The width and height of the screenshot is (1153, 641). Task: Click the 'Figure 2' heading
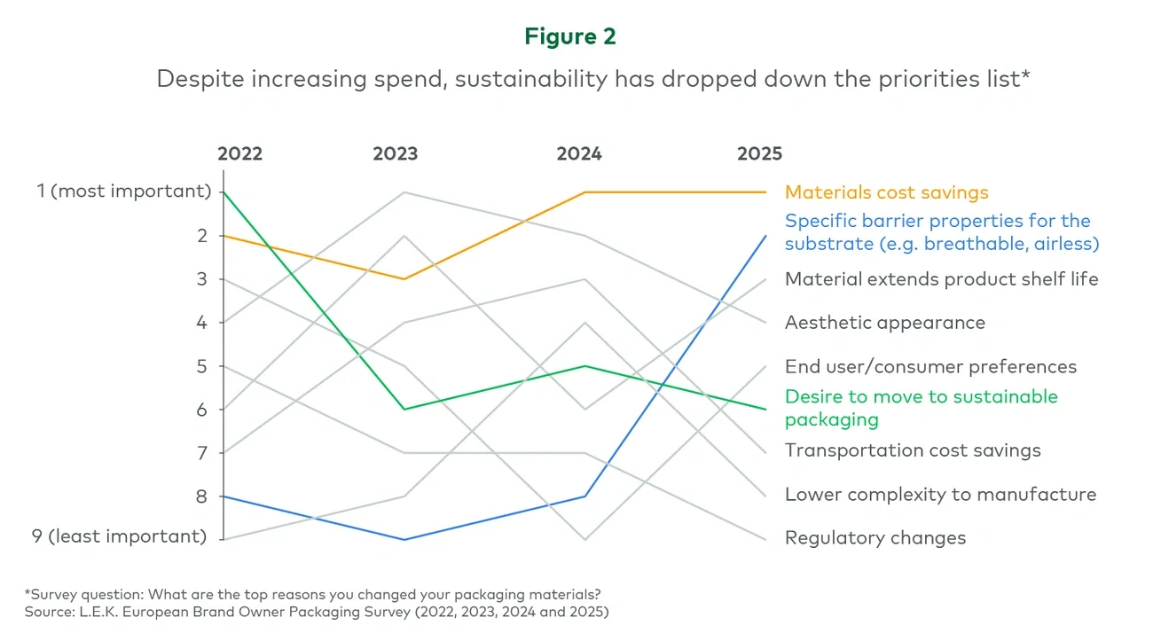point(569,36)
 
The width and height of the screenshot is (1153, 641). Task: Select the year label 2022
point(240,154)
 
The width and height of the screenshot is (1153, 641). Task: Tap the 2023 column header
point(395,154)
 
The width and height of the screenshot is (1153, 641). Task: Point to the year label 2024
point(579,154)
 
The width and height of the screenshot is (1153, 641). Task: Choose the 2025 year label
point(760,154)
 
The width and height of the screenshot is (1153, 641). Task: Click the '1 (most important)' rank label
point(124,192)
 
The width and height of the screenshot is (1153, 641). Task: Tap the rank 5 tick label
point(200,365)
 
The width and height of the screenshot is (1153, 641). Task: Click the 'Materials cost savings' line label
point(886,192)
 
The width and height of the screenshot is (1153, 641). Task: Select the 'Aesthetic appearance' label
point(884,323)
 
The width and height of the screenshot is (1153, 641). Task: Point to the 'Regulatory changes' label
point(875,538)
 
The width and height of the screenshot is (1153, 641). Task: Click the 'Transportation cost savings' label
point(912,450)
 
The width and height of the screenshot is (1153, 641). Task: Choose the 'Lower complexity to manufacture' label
point(940,495)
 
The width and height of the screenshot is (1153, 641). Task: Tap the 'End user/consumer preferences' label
point(930,367)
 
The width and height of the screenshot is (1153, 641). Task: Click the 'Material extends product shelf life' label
point(941,279)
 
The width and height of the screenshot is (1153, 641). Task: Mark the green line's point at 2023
point(404,409)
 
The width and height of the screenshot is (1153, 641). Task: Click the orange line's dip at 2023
point(404,279)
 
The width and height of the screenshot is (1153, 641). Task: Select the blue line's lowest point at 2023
point(404,539)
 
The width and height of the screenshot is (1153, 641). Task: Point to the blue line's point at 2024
point(585,496)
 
